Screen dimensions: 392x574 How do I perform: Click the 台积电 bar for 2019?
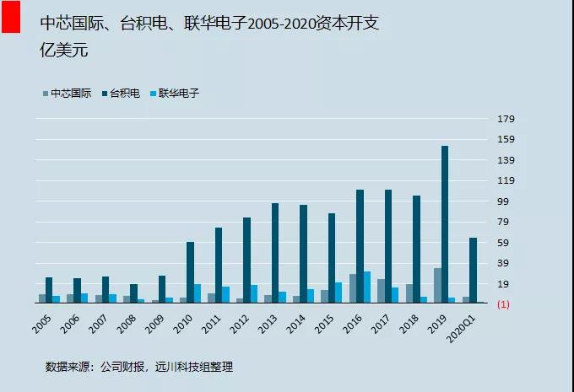pyautogui.click(x=444, y=224)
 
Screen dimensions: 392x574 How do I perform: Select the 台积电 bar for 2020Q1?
pyautogui.click(x=473, y=270)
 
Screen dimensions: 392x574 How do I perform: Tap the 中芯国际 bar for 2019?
pyautogui.click(x=437, y=285)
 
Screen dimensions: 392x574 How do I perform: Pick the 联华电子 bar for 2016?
pyautogui.click(x=367, y=287)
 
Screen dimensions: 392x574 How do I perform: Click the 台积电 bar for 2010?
pyautogui.click(x=191, y=272)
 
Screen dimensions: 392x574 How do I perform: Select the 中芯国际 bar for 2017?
pyautogui.click(x=381, y=291)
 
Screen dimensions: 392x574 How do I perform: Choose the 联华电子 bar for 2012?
pyautogui.click(x=254, y=293)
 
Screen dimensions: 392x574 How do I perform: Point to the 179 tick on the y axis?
pyautogui.click(x=505, y=119)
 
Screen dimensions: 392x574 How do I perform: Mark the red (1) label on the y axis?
pyautogui.click(x=503, y=303)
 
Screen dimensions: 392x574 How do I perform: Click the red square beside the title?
pyautogui.click(x=11, y=17)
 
